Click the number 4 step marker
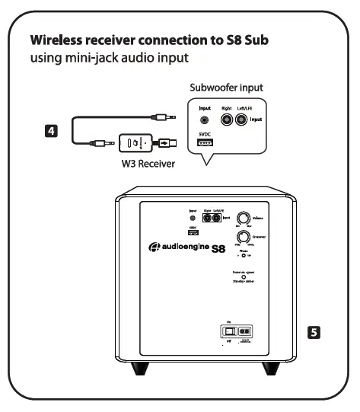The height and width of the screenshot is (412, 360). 50,131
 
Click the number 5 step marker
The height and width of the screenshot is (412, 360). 311,332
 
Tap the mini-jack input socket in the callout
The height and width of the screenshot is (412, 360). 204,120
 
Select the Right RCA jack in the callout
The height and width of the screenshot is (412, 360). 226,120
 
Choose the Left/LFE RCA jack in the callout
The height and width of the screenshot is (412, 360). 247,120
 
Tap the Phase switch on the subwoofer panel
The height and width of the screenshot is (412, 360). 245,256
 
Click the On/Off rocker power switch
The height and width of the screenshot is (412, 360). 228,332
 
